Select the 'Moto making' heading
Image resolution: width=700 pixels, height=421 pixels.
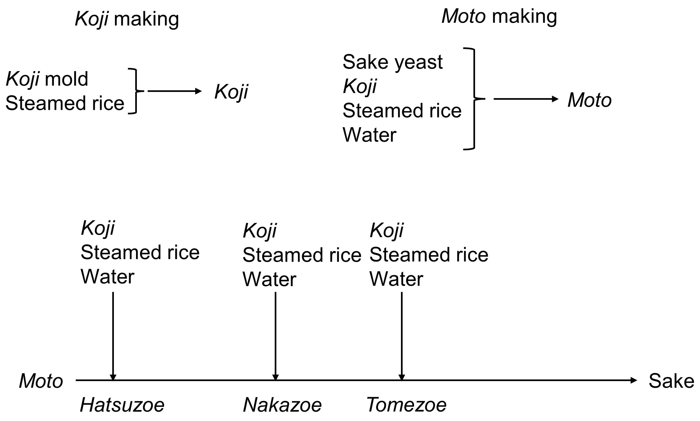tap(499, 16)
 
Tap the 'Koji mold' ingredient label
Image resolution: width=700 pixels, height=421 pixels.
tap(47, 79)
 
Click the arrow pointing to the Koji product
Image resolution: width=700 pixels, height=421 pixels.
tap(174, 91)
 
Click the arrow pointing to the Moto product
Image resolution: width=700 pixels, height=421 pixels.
tap(526, 99)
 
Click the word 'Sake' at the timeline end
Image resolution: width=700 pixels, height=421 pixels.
tap(671, 381)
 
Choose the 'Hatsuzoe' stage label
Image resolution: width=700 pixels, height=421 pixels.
tap(122, 405)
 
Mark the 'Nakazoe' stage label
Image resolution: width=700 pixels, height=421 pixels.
tap(282, 405)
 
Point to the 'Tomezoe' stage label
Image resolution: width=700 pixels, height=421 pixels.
tap(406, 405)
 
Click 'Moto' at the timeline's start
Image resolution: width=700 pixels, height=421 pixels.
tap(41, 381)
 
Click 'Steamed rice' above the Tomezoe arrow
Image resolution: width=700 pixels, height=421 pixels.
tap(429, 255)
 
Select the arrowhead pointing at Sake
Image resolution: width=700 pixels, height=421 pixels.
tap(634, 380)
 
